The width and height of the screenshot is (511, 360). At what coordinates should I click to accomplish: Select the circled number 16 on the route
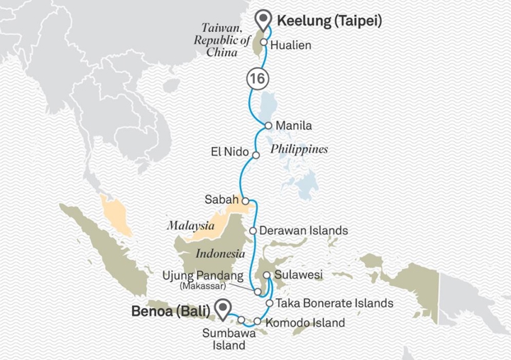coord(256,78)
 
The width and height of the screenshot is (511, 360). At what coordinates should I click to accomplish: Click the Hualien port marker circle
coord(264,43)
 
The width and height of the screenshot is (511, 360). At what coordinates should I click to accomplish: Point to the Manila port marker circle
coord(268,126)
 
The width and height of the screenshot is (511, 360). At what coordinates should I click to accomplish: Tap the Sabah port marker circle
coord(245,201)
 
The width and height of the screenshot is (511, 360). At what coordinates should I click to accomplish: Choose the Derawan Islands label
coord(304,231)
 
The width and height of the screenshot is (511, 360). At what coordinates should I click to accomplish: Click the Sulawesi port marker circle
coord(265,275)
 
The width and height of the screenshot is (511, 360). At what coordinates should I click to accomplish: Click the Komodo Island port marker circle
coord(257,323)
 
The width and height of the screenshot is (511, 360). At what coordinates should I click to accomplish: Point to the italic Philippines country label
coord(299,150)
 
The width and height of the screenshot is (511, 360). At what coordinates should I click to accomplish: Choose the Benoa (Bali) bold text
coord(170,310)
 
